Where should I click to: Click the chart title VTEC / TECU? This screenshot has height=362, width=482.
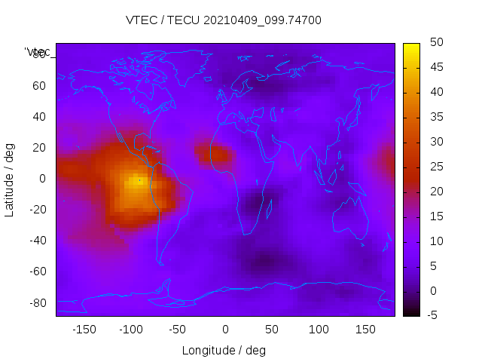pyautogui.click(x=224, y=20)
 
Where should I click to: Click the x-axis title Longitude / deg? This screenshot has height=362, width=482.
pyautogui.click(x=224, y=350)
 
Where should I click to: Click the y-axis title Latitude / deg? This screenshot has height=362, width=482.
pyautogui.click(x=10, y=179)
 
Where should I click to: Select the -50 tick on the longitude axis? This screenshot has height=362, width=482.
pyautogui.click(x=178, y=330)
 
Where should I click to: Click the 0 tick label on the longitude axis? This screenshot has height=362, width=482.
pyautogui.click(x=225, y=330)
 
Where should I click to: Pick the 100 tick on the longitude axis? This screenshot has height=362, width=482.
pyautogui.click(x=319, y=330)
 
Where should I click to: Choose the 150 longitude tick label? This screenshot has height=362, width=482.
pyautogui.click(x=365, y=330)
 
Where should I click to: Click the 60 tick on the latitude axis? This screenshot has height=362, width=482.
pyautogui.click(x=39, y=85)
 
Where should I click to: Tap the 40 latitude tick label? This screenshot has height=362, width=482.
pyautogui.click(x=39, y=116)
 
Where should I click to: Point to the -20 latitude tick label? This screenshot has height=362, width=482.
pyautogui.click(x=37, y=210)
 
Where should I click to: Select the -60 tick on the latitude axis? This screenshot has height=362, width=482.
pyautogui.click(x=37, y=271)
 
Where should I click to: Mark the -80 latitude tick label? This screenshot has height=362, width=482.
pyautogui.click(x=37, y=302)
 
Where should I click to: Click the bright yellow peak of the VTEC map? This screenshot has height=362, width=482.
pyautogui.click(x=136, y=182)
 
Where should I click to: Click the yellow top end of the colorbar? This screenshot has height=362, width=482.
pyautogui.click(x=411, y=48)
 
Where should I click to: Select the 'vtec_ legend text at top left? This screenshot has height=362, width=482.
pyautogui.click(x=38, y=52)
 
